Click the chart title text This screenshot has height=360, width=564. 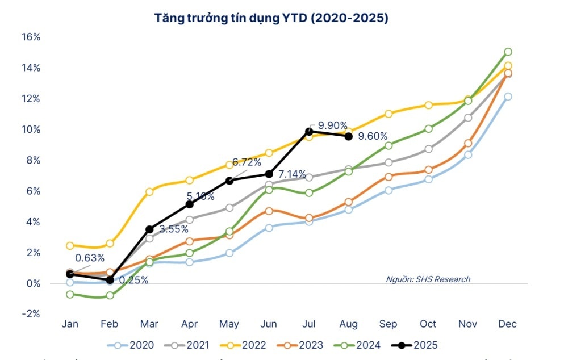point(271,18)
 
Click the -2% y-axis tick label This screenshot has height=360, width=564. point(30,313)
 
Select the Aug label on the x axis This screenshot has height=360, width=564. point(348,324)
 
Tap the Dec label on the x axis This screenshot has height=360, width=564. point(507,324)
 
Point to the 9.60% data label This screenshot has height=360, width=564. point(373,136)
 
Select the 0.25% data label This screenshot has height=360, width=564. point(133,280)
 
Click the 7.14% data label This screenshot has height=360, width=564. point(291,173)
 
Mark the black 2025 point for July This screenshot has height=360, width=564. point(309,132)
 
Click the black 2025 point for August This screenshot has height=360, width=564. point(348,136)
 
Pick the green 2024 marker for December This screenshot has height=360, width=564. point(508,52)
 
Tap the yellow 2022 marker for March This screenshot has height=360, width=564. point(149,192)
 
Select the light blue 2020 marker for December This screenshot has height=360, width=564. point(508,97)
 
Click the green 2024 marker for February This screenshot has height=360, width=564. point(110,295)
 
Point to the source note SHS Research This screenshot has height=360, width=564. point(428,279)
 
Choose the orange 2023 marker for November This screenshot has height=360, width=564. point(468,144)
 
